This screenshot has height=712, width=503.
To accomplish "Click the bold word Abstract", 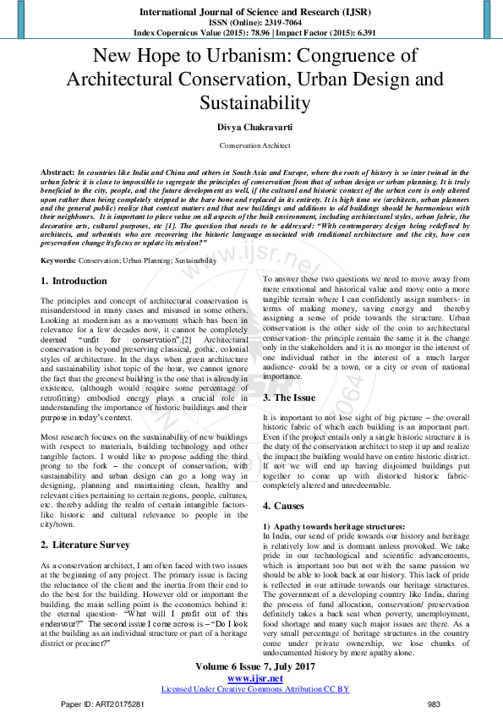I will [57, 171].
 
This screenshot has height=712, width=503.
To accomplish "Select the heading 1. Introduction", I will [74, 281].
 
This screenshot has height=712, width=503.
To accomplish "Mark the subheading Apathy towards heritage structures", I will [327, 527].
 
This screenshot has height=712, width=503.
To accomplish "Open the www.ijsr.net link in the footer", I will [255, 678].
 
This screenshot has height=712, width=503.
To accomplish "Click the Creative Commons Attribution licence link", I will [255, 689].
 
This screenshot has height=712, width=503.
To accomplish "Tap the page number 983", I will [434, 704].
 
